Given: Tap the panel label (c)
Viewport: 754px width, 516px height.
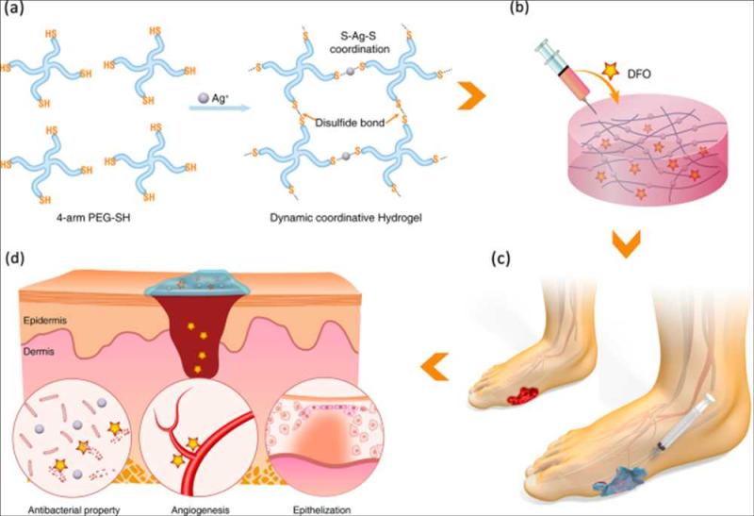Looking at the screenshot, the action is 500,258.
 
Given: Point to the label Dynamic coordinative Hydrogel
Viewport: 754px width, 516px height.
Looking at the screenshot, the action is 346,218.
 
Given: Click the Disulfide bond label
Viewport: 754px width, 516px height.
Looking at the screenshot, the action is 350,123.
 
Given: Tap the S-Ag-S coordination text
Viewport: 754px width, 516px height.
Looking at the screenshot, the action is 360,42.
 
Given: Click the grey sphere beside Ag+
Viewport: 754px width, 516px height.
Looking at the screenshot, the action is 204,98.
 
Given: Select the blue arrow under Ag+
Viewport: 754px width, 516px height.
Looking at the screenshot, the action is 220,108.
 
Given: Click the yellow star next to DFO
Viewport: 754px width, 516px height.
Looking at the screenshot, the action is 610,72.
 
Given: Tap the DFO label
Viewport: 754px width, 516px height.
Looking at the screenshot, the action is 639,75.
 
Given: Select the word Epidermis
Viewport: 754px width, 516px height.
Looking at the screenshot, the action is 44,320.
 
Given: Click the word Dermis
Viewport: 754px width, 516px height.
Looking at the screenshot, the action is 39,351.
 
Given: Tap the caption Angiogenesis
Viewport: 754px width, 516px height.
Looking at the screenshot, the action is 200,509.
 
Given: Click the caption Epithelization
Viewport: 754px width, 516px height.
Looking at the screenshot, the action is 321,509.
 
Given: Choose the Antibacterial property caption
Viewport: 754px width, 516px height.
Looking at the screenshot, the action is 74,509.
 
